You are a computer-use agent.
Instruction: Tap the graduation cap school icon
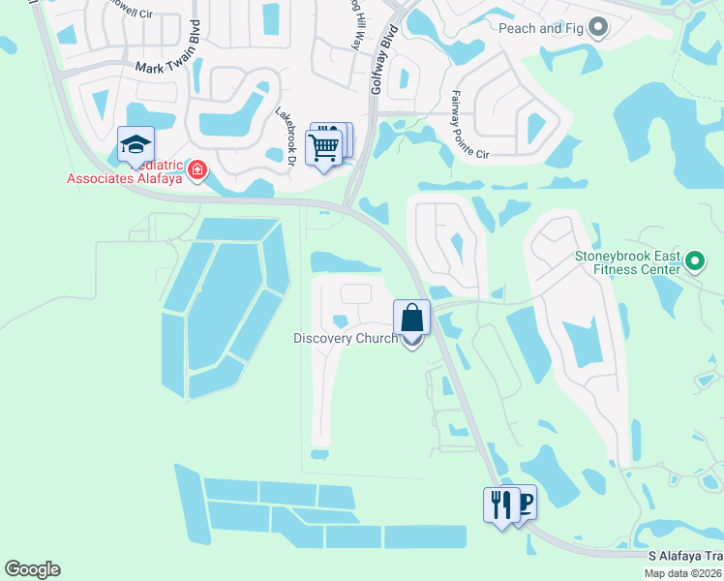(136, 145)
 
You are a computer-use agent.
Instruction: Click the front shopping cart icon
(324, 148)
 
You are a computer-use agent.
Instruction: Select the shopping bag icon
(411, 318)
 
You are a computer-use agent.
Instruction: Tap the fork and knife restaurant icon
(500, 505)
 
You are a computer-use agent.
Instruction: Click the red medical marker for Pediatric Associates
(197, 170)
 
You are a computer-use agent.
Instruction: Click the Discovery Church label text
(345, 339)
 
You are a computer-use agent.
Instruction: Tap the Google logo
(32, 569)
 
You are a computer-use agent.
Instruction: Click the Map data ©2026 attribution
(682, 573)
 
